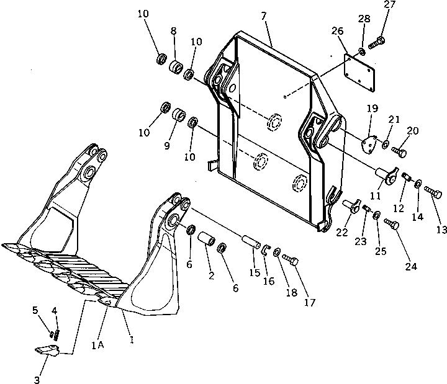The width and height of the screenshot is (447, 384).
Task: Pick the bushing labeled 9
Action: click(179, 116)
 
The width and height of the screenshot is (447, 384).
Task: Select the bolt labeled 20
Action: click(400, 150)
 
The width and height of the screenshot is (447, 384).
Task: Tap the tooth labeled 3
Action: click(45, 350)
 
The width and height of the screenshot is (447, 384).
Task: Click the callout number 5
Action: click(35, 310)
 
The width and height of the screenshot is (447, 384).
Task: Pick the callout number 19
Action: click(372, 108)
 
